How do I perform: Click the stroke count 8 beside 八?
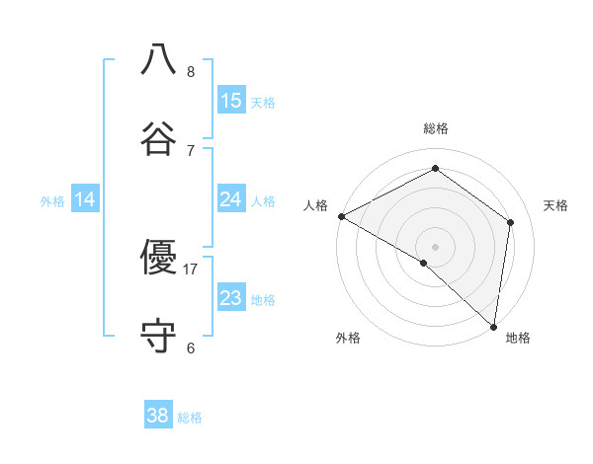tap(191, 72)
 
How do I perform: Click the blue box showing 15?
tap(231, 101)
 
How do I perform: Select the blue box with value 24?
tap(231, 199)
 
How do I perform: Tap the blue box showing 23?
tap(231, 298)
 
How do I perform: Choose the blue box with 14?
tap(85, 199)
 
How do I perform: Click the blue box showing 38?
tap(158, 416)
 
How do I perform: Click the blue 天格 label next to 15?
tap(263, 103)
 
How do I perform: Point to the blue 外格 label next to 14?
tap(52, 201)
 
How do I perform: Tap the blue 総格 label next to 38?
tap(190, 418)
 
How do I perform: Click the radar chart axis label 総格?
tap(436, 128)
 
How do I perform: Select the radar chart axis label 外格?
tap(348, 338)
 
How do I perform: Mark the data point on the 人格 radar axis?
tap(341, 215)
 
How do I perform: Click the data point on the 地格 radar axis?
tap(494, 326)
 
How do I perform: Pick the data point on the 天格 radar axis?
tap(511, 222)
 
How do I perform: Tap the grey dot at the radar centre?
tap(436, 246)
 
